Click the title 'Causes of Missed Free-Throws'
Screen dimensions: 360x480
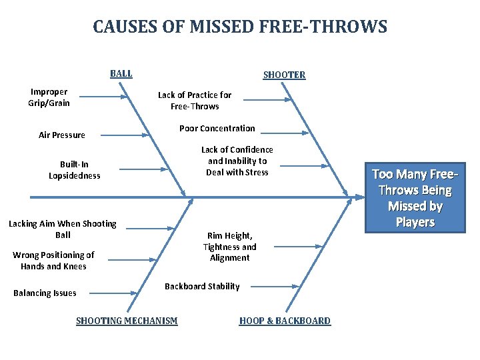[240, 27]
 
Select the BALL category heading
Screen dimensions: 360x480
[121, 74]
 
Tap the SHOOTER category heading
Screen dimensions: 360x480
[284, 75]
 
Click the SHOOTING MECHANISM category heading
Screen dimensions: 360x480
[127, 321]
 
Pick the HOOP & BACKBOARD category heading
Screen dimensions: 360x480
[285, 321]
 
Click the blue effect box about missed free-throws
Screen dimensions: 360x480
[415, 198]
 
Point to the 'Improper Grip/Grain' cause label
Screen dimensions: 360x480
[49, 97]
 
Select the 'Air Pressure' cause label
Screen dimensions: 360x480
[62, 135]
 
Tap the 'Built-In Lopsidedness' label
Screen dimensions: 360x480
[74, 170]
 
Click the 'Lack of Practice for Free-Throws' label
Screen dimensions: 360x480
[195, 101]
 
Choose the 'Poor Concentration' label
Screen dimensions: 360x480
[217, 128]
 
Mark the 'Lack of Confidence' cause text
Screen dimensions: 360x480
[237, 161]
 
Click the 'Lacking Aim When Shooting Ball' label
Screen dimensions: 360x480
[63, 229]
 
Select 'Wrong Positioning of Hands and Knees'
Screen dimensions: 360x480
[53, 261]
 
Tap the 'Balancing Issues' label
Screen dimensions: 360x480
[45, 293]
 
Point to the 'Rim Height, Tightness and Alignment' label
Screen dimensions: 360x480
[230, 247]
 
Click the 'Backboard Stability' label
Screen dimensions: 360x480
[202, 287]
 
